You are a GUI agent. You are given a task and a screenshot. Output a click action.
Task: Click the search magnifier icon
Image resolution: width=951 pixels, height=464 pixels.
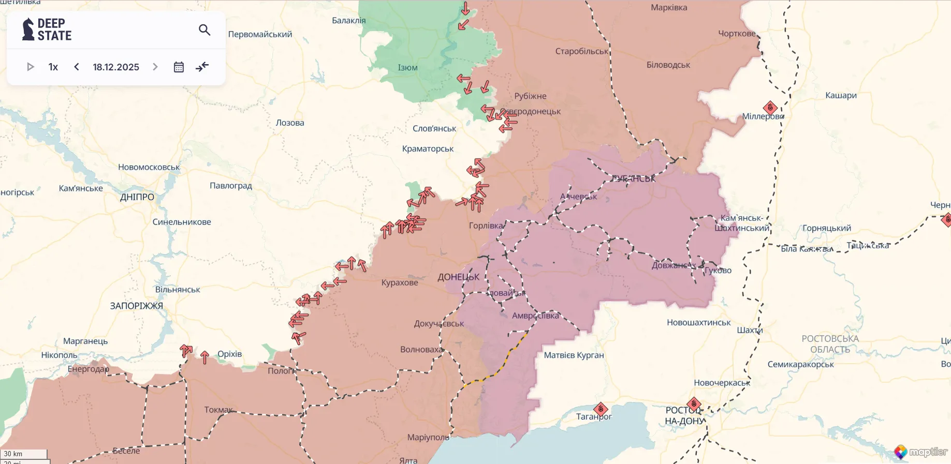(204, 30)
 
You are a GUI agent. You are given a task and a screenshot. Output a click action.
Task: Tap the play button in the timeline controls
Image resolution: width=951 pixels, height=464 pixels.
(30, 67)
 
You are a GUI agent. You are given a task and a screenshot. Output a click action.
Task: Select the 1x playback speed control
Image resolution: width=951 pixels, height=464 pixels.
(53, 67)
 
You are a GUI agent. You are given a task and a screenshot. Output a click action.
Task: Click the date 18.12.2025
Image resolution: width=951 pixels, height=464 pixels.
(116, 67)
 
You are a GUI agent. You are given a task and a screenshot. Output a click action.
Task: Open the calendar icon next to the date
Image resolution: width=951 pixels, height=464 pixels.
(179, 67)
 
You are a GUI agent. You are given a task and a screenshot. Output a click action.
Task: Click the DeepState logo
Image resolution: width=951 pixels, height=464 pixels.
(47, 29)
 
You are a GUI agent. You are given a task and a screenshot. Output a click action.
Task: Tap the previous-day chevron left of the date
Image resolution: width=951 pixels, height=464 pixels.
(77, 67)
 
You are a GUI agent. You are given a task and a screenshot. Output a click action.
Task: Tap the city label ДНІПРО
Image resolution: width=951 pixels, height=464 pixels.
(137, 197)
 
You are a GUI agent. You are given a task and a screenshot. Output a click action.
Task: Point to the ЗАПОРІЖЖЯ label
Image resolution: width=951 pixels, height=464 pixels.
(136, 306)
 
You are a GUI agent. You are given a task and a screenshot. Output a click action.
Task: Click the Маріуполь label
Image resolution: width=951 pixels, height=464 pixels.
(428, 437)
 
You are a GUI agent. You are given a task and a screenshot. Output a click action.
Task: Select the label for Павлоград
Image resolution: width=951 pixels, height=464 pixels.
(231, 186)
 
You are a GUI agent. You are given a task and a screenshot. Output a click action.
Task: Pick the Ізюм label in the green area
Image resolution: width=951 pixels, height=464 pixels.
(407, 68)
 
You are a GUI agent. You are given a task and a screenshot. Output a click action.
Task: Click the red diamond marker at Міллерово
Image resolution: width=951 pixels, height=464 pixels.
(770, 108)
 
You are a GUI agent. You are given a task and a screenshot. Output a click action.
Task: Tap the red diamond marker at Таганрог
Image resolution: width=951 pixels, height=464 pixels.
(601, 409)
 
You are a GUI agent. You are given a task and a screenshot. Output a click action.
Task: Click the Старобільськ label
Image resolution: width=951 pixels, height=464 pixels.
(582, 51)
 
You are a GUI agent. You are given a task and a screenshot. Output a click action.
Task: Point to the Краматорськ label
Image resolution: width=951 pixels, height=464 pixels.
(428, 149)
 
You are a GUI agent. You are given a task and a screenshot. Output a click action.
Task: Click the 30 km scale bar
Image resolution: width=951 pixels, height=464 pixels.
(24, 454)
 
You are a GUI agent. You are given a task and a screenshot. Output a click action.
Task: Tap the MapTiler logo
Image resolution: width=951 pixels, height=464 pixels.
(921, 452)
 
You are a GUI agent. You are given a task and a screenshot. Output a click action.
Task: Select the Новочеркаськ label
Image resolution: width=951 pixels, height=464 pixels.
(722, 383)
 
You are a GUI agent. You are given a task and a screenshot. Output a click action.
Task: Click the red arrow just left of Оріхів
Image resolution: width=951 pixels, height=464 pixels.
(205, 357)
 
